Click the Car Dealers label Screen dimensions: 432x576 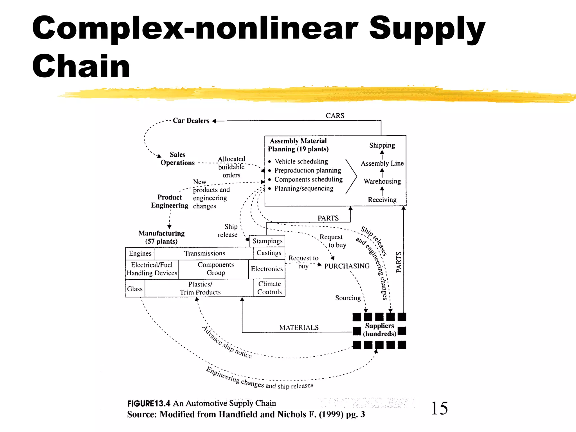tap(191, 121)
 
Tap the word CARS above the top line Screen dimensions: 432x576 tap(335, 116)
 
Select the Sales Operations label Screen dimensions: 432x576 tap(177, 159)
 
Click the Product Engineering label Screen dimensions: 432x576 tap(169, 201)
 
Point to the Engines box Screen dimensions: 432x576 tap(140, 253)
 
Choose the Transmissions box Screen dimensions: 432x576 tap(204, 253)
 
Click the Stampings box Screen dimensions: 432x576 tap(267, 241)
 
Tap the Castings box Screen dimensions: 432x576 tap(269, 253)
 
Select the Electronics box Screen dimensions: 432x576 tap(267, 269)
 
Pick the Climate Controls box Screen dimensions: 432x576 tap(269, 288)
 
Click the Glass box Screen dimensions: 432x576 tap(135, 289)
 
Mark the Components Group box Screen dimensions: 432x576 tap(215, 269)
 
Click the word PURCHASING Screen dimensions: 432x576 tap(347, 266)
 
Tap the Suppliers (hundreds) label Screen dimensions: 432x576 tap(379, 330)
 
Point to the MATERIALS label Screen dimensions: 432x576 tap(299, 328)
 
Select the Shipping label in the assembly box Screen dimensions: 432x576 tap(382, 145)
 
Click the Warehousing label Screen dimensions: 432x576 tap(382, 181)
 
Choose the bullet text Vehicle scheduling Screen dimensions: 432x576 tap(301, 161)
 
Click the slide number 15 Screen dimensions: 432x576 tap(439, 408)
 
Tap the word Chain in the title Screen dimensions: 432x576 tap(81, 66)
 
